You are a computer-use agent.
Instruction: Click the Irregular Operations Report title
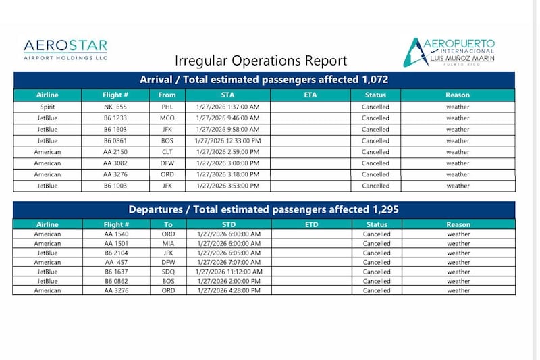pyautogui.click(x=261, y=61)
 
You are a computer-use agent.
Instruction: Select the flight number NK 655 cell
pyautogui.click(x=116, y=107)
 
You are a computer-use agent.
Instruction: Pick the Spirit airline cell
pyautogui.click(x=47, y=107)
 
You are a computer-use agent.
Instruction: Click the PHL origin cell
pyautogui.click(x=167, y=107)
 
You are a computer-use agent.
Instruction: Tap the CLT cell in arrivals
pyautogui.click(x=167, y=152)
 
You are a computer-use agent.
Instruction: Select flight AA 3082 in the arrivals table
pyautogui.click(x=116, y=163)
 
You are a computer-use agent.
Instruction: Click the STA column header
pyautogui.click(x=228, y=95)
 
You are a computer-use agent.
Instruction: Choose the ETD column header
pyautogui.click(x=311, y=224)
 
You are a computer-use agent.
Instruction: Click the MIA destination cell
pyautogui.click(x=167, y=244)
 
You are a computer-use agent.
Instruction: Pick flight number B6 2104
pyautogui.click(x=116, y=253)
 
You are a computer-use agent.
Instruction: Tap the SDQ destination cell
pyautogui.click(x=167, y=272)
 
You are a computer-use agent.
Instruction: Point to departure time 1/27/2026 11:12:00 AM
pyautogui.click(x=228, y=272)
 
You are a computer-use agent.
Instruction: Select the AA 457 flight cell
pyautogui.click(x=116, y=262)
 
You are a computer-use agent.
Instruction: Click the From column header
pyautogui.click(x=167, y=95)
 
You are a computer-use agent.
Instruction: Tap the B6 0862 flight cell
pyautogui.click(x=116, y=281)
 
